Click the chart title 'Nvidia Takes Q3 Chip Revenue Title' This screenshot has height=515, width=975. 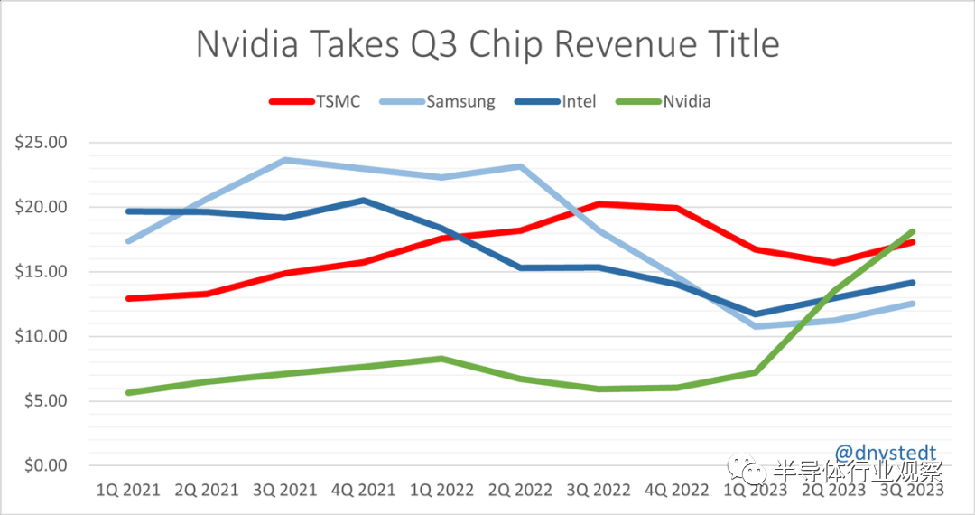click(x=487, y=43)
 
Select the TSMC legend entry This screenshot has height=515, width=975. click(x=315, y=101)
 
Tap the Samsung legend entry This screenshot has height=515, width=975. click(x=441, y=101)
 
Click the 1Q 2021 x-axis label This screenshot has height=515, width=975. click(x=128, y=490)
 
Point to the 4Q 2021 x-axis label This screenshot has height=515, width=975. click(x=364, y=490)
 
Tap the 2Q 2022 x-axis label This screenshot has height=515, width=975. click(x=521, y=490)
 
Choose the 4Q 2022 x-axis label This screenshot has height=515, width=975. click(x=678, y=490)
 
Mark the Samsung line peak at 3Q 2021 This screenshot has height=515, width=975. click(x=285, y=160)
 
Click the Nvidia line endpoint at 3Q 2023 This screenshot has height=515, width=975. click(x=913, y=232)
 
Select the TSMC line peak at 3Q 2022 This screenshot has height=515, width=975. click(x=599, y=204)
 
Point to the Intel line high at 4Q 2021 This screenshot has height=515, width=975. click(x=364, y=201)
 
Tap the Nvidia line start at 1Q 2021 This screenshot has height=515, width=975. click(x=128, y=393)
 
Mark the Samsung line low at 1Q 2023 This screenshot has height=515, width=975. click(x=757, y=326)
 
